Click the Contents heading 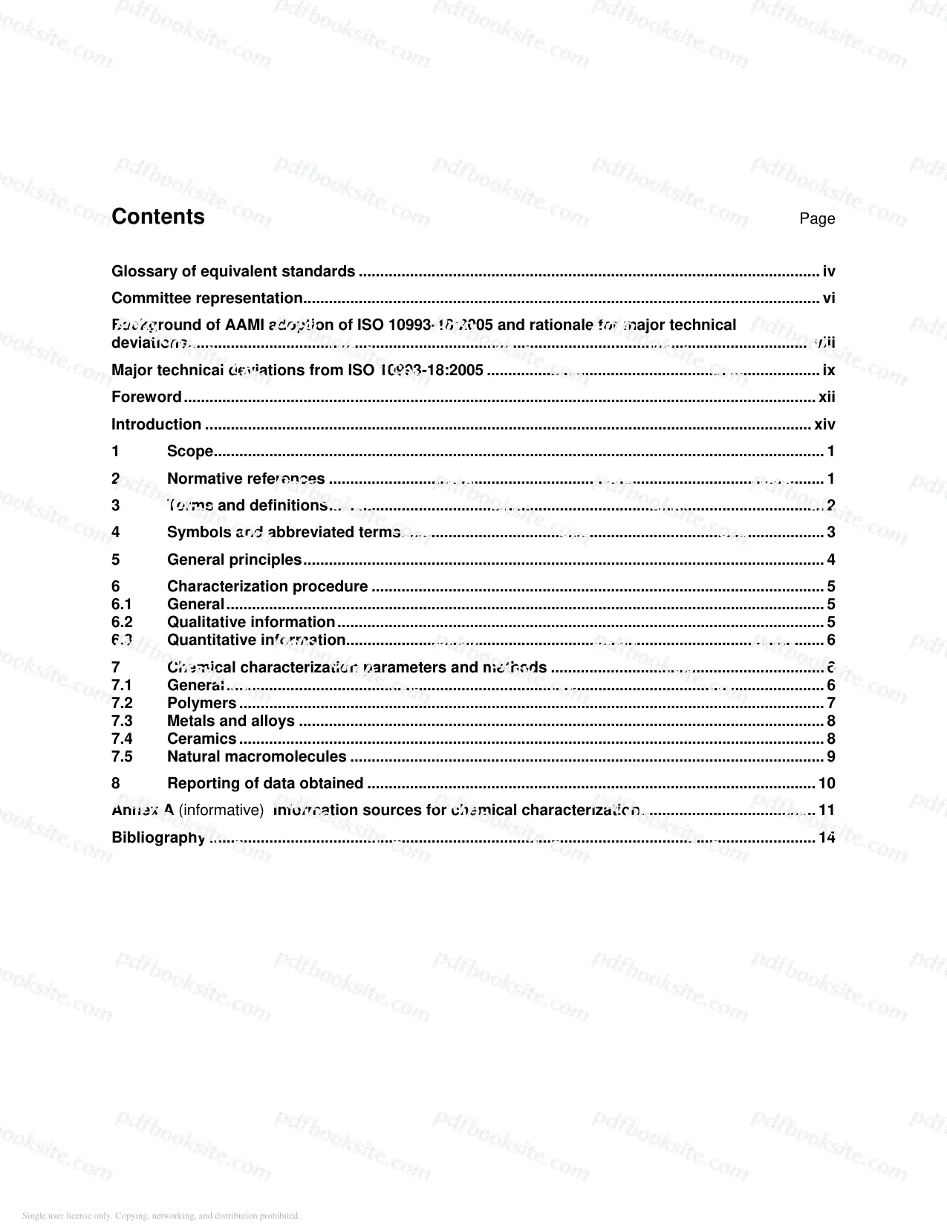158,217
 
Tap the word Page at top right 817,218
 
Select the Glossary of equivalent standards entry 233,272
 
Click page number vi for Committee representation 829,299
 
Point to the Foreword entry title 146,397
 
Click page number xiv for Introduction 824,424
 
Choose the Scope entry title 190,452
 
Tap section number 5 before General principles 116,560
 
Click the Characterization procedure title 267,586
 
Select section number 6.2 122,622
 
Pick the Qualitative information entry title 251,622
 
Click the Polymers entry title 201,703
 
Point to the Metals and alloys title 231,721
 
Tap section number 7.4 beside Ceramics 122,739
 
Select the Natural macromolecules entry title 257,756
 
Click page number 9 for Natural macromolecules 831,756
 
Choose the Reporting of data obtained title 265,783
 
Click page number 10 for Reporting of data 827,783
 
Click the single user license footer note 161,1216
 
